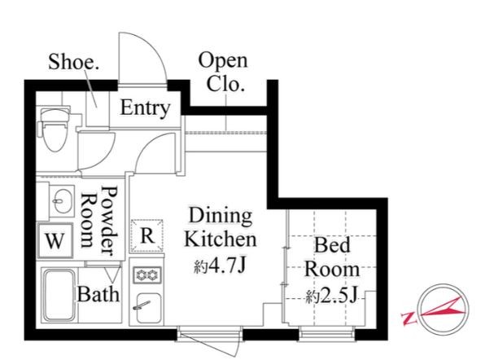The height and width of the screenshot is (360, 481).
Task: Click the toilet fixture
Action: tap(54, 129)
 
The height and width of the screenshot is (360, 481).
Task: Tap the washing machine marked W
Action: tap(55, 240)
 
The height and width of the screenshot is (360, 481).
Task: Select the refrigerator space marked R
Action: tap(146, 235)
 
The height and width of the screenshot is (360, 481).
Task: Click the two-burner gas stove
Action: tap(147, 274)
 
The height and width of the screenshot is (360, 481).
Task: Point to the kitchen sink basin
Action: tap(148, 308)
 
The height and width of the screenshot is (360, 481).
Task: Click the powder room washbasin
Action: tap(61, 201)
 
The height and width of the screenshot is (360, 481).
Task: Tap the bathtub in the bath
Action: tap(59, 295)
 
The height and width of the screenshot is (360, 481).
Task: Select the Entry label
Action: tap(145, 108)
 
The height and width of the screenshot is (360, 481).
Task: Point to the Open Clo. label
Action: tap(223, 72)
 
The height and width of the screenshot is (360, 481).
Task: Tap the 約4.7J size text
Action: tap(220, 266)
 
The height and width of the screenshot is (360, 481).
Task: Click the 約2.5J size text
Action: tap(331, 296)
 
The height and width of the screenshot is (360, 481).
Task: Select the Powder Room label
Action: tap(99, 220)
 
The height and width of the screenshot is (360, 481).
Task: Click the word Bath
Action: tap(98, 294)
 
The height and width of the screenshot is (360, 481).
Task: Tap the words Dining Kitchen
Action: tap(221, 227)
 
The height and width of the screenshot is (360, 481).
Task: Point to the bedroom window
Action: tap(326, 334)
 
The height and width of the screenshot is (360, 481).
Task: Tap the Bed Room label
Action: tap(332, 257)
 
